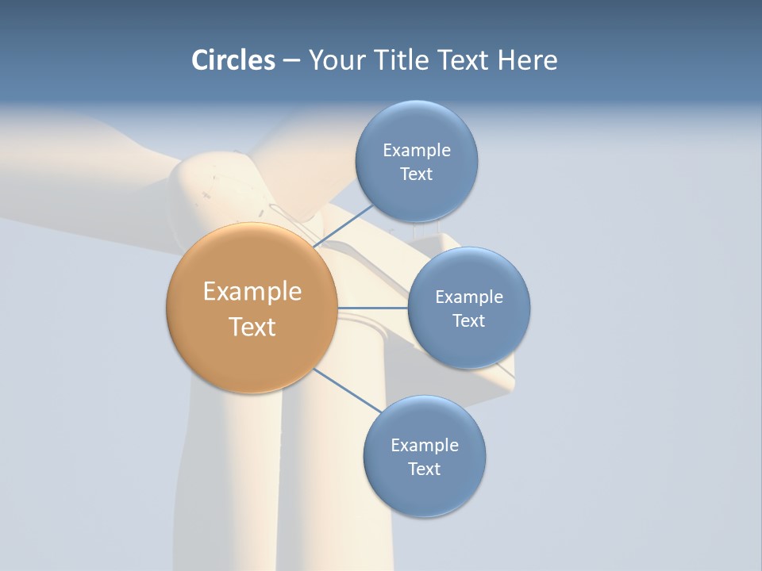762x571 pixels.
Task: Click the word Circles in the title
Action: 233,60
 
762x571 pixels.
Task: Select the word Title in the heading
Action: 406,60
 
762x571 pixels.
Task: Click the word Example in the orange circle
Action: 252,292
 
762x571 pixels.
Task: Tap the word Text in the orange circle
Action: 252,327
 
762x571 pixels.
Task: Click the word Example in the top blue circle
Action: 417,151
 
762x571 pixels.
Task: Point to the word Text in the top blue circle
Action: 416,174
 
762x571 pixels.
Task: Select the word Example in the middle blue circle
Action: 469,297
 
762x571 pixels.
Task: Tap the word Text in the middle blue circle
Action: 468,321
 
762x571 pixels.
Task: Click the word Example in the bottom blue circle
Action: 425,446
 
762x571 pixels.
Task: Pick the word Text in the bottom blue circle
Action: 424,469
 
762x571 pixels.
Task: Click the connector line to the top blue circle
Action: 343,226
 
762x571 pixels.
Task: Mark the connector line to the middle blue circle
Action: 373,308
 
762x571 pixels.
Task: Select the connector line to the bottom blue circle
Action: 348,390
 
